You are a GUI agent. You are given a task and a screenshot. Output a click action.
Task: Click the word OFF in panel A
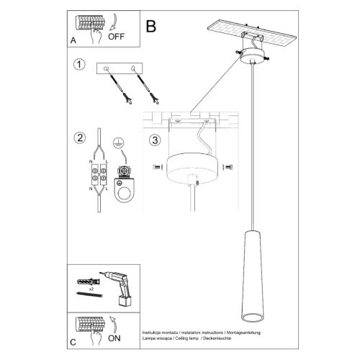point(116,37)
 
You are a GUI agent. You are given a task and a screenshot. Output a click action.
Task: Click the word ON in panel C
point(114,338)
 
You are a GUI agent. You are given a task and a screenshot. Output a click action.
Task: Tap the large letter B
point(151,26)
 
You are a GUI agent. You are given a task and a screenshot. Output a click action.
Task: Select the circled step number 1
point(79,64)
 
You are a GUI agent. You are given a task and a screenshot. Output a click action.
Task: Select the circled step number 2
point(80,138)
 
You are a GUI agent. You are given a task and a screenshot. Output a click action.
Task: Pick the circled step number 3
point(155,140)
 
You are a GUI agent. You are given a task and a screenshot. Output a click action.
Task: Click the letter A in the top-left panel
point(73,40)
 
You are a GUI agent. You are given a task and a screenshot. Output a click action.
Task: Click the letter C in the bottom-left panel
point(73,342)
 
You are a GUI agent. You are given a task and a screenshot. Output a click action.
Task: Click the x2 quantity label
point(91,289)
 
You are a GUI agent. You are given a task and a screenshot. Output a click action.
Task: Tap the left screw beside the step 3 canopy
point(158,167)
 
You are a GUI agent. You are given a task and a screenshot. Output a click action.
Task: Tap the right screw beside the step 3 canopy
point(228,167)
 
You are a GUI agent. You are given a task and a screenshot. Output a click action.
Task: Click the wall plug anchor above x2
point(89,282)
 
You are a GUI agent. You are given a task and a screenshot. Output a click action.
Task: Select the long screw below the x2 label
point(89,294)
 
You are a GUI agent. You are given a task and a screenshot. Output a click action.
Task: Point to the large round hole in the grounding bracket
point(126,194)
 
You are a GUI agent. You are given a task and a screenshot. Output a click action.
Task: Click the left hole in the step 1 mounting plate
point(106,68)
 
